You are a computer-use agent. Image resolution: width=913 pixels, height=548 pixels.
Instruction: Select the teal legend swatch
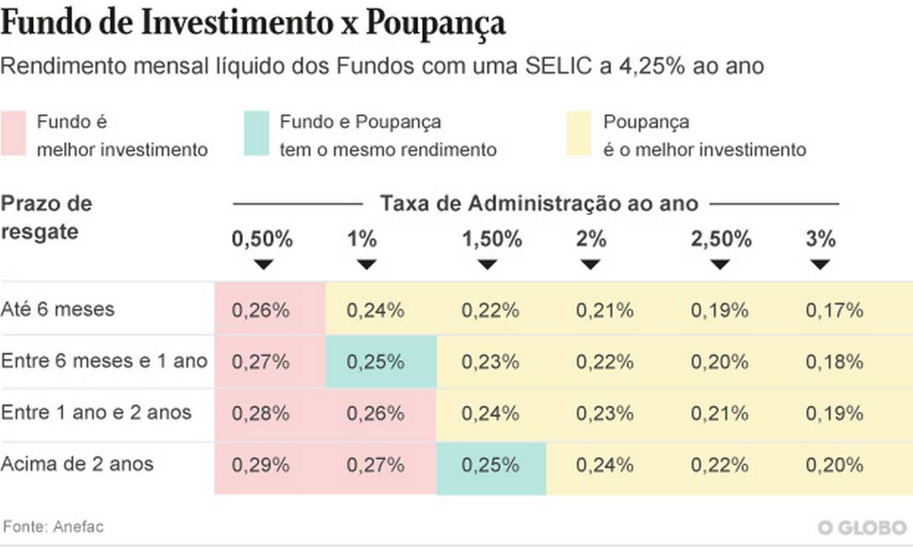(x=255, y=133)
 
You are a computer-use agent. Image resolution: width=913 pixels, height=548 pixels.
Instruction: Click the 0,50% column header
(x=262, y=240)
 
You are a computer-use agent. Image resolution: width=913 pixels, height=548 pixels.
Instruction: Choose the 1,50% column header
(x=492, y=240)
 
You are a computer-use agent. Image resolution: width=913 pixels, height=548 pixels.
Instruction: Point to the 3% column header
(x=821, y=240)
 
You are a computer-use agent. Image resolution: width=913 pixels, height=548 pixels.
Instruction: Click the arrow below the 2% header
(x=591, y=264)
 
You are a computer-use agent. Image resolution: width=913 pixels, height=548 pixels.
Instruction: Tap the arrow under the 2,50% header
(x=720, y=264)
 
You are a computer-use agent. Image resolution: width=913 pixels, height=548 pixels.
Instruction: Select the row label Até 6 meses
(x=58, y=309)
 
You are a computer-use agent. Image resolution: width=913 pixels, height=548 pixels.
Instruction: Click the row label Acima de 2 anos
(x=77, y=463)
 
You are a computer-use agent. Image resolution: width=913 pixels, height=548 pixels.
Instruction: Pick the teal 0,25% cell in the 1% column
(x=380, y=361)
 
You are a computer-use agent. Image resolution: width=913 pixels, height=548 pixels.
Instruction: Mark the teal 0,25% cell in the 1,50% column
(x=492, y=465)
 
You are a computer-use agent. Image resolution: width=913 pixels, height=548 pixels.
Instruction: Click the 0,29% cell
(x=261, y=465)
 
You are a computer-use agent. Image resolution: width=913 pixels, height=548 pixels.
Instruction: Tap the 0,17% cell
(x=835, y=310)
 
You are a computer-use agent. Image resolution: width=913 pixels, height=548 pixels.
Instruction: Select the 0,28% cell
(x=261, y=414)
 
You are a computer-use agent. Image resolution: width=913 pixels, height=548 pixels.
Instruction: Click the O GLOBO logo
(x=863, y=528)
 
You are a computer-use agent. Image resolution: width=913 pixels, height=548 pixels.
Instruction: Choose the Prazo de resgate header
(x=47, y=217)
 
